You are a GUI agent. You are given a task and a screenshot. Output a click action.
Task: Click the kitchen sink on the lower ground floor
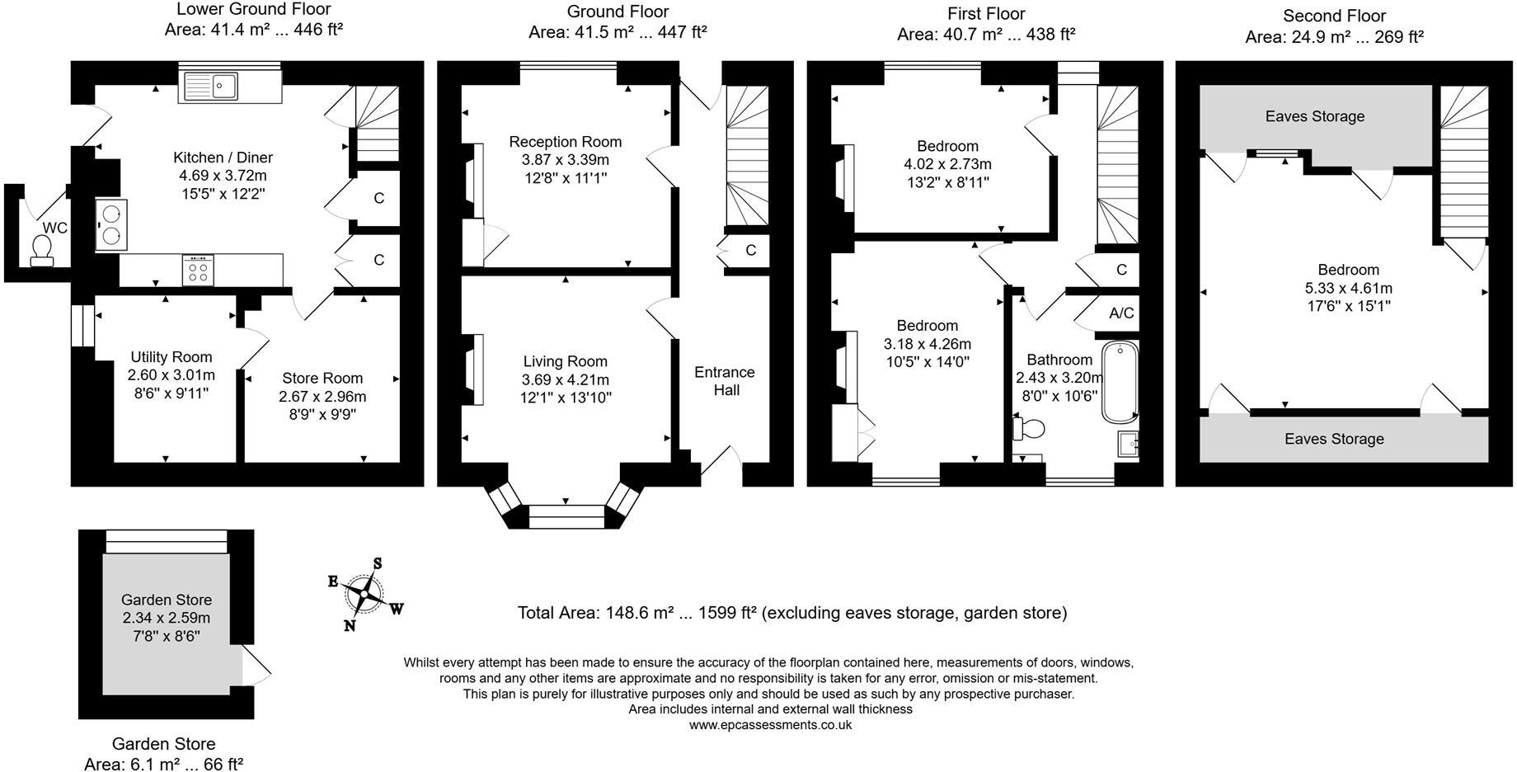[x=211, y=85]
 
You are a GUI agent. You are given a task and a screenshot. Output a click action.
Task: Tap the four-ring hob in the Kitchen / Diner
[x=198, y=270]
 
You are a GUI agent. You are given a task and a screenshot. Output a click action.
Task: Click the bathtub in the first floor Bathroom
[x=1120, y=382]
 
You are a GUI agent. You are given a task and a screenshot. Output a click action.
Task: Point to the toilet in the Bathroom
[x=1028, y=428]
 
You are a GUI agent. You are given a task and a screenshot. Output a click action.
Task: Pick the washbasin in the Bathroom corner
[x=1127, y=444]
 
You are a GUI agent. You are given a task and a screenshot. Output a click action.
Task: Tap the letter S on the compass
[x=378, y=563]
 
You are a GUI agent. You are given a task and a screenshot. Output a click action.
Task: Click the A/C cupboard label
[x=1121, y=313]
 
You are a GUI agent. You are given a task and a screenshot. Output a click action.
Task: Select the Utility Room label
[x=171, y=357]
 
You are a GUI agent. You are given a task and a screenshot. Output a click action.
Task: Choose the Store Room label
[x=322, y=379]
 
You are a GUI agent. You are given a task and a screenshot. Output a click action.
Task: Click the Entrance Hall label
[x=725, y=381]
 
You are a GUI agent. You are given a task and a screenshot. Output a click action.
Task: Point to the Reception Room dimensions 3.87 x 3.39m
[x=565, y=160]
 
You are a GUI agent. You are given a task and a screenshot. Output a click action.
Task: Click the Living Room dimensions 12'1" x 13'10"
[x=566, y=398]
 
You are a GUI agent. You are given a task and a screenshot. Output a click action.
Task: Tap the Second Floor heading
[x=1335, y=16]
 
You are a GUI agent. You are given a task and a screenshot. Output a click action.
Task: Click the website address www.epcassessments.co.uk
[x=770, y=725]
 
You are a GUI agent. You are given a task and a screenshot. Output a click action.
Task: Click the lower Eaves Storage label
[x=1334, y=439]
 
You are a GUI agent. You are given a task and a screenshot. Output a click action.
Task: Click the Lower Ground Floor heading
[x=254, y=10]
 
